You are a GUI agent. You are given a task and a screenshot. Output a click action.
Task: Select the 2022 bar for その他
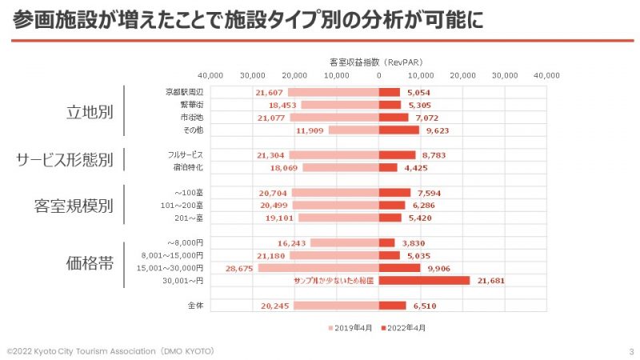point(398,130)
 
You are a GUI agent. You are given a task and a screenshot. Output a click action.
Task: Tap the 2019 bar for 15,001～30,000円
point(318,268)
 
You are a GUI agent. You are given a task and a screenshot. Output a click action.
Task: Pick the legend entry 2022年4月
point(406,328)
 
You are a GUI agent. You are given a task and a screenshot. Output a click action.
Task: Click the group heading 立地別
point(89,111)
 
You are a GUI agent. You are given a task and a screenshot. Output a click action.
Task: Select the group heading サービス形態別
point(65,160)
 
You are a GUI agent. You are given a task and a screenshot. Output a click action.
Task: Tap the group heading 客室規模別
point(73,206)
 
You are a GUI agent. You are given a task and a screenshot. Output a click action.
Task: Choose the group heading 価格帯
point(89,262)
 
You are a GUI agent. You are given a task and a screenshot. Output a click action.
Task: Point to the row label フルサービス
point(186,154)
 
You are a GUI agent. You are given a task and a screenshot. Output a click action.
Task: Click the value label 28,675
point(241,268)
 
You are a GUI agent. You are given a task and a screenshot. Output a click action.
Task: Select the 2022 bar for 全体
point(393,306)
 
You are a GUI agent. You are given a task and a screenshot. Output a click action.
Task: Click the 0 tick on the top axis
point(378,75)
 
